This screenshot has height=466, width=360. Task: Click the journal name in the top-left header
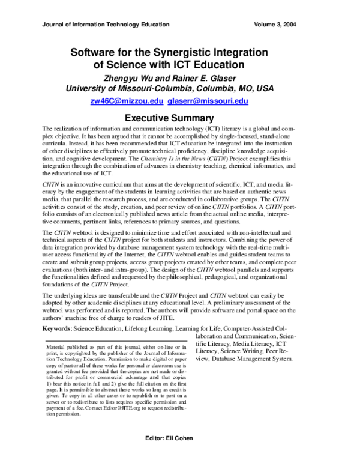pyautogui.click(x=105, y=25)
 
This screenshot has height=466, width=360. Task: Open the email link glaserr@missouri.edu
pyautogui.click(x=217, y=101)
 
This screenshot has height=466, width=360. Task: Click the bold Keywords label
pyautogui.click(x=59, y=329)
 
